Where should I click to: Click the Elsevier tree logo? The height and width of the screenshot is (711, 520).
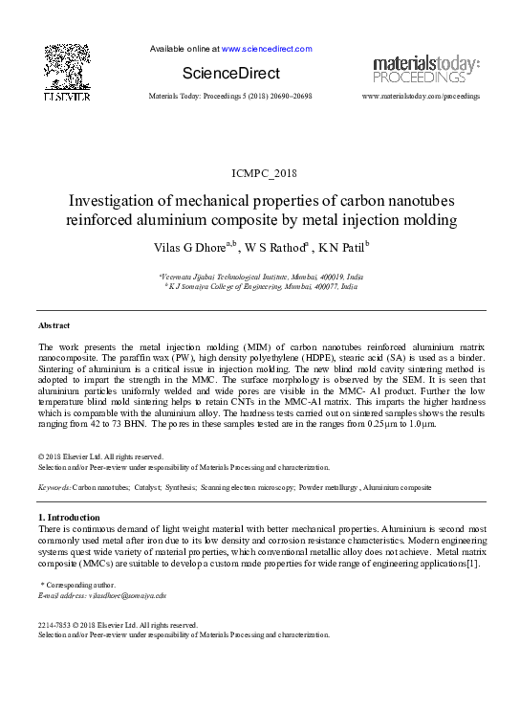(x=66, y=67)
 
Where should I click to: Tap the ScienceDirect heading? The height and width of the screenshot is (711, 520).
(x=230, y=74)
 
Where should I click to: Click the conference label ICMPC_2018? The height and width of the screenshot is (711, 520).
(x=260, y=171)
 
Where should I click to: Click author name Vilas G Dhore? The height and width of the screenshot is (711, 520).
(x=187, y=249)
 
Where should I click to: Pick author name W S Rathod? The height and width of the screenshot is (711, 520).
(x=271, y=249)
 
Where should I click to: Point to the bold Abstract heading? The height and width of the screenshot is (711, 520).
(x=54, y=325)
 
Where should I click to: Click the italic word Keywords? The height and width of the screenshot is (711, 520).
(x=54, y=487)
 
